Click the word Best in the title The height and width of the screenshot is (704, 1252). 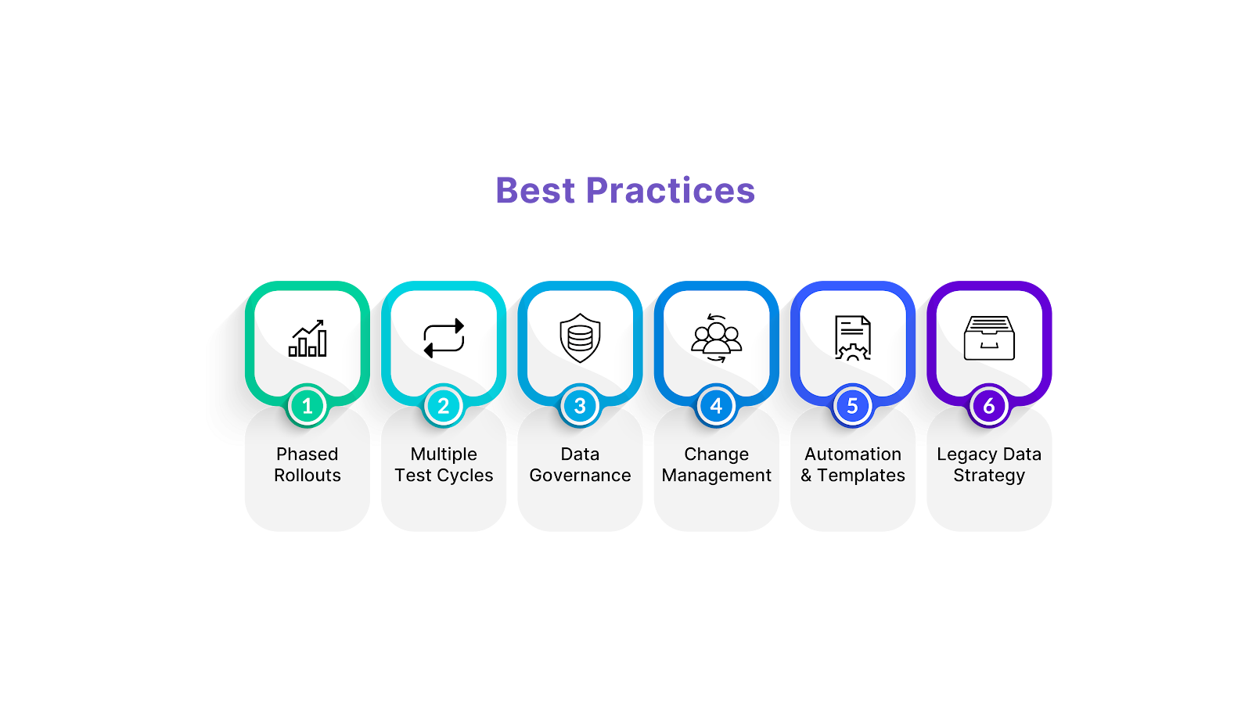pos(535,191)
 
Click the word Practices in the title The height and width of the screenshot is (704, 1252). pos(671,191)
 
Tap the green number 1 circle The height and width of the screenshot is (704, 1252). pos(308,406)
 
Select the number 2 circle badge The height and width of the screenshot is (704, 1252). pos(444,406)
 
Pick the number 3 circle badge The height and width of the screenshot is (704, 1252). pos(580,406)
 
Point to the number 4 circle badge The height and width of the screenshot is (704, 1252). pos(716,406)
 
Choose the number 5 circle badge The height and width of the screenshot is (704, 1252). pos(852,406)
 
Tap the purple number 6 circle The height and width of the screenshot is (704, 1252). pos(989,406)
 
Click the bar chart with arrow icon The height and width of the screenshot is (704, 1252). pos(308,339)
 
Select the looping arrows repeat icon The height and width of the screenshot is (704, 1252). pos(444,339)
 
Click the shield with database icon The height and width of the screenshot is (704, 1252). pos(580,339)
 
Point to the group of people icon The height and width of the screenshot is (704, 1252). pos(716,339)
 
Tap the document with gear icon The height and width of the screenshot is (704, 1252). pos(852,339)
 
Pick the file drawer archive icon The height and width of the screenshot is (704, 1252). pos(989,339)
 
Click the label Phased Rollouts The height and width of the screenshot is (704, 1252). pos(308,465)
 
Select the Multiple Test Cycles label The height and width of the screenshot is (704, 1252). pos(444,465)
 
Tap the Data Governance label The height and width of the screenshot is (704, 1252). pos(580,465)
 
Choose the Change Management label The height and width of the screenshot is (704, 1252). pos(716,465)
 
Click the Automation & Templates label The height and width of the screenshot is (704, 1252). pos(853,465)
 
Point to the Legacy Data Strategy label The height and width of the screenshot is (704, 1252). pos(989,465)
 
